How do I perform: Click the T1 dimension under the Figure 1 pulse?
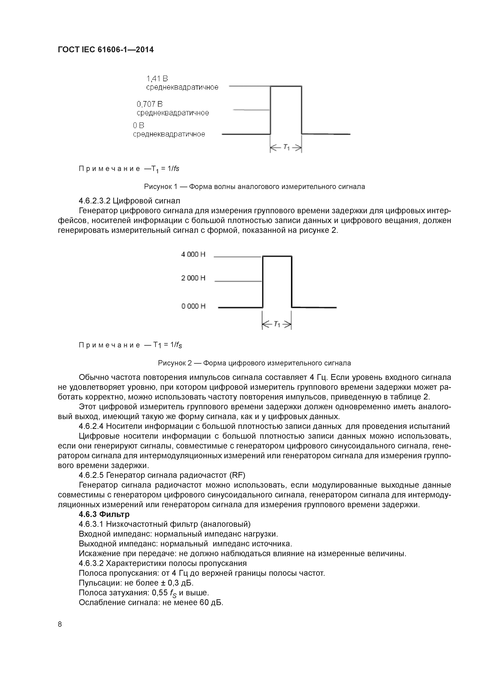pyautogui.click(x=286, y=147)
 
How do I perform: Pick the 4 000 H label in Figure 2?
pyautogui.click(x=193, y=254)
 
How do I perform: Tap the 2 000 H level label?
pyautogui.click(x=193, y=278)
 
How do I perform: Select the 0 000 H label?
pyautogui.click(x=193, y=306)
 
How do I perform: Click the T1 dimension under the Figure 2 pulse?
pyautogui.click(x=277, y=324)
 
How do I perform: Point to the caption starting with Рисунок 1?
pyautogui.click(x=255, y=187)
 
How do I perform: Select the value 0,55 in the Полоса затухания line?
pyautogui.click(x=160, y=592)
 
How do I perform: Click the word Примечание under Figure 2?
pyautogui.click(x=109, y=345)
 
